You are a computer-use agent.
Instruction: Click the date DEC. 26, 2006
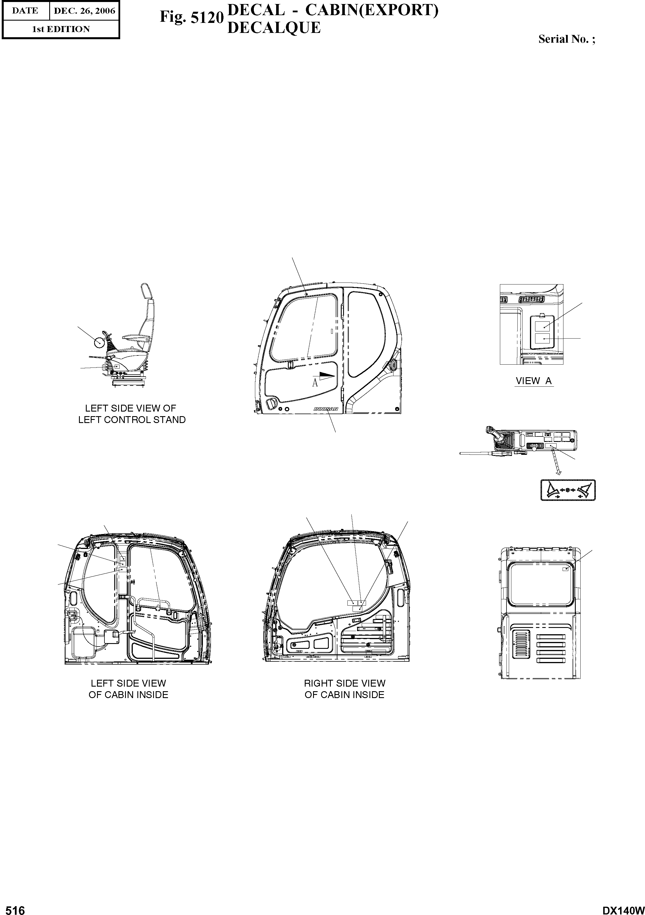pyautogui.click(x=84, y=11)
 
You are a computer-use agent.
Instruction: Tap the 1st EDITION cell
pyautogui.click(x=61, y=29)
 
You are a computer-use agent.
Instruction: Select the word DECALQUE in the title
pyautogui.click(x=274, y=27)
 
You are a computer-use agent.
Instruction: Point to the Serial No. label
pyautogui.click(x=567, y=39)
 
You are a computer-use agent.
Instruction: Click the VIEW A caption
pyautogui.click(x=533, y=381)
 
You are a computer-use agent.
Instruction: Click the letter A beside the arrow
pyautogui.click(x=315, y=383)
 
